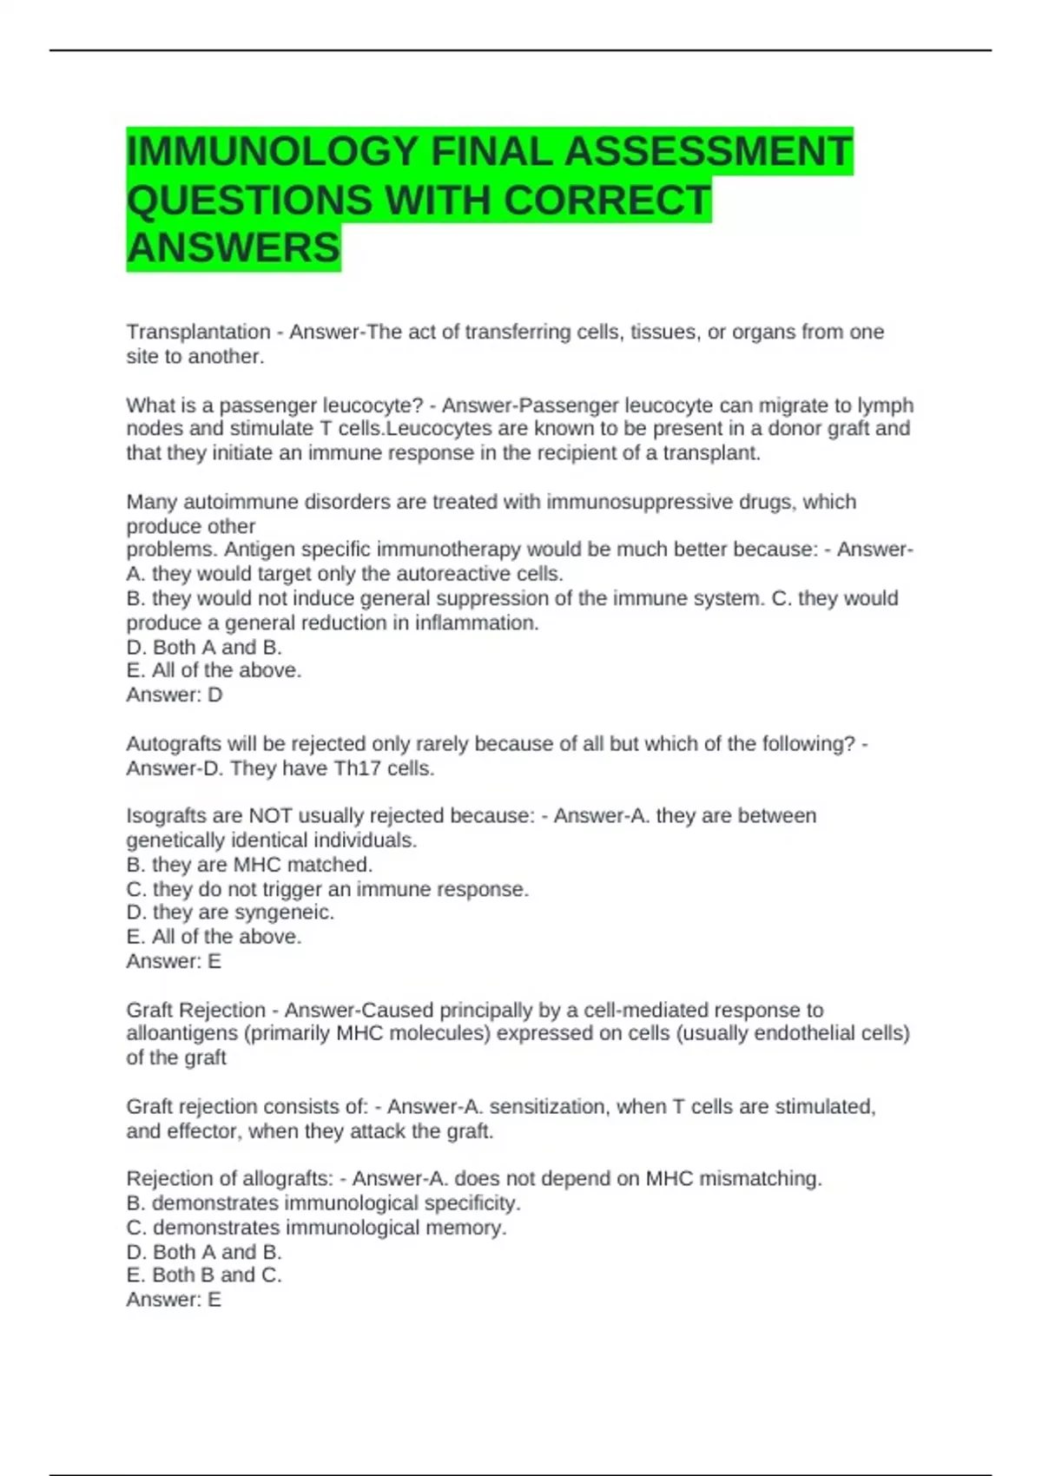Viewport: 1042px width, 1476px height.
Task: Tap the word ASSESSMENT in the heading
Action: [708, 152]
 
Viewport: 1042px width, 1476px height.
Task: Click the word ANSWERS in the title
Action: [234, 248]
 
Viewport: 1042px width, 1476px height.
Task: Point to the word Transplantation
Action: [198, 332]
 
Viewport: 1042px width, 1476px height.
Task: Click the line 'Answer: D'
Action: [175, 695]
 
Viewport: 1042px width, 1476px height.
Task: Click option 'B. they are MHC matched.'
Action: [249, 865]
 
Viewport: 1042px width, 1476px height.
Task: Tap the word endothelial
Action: [804, 1033]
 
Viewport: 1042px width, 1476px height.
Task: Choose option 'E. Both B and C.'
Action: [204, 1275]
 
